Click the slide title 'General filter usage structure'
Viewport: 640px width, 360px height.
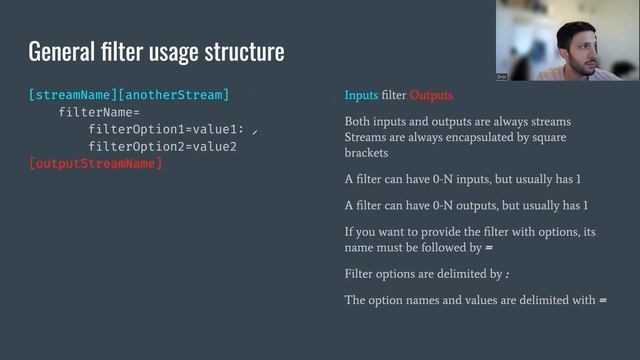pyautogui.click(x=156, y=51)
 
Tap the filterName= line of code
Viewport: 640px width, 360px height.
pyautogui.click(x=99, y=112)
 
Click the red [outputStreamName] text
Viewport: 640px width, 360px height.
pyautogui.click(x=96, y=163)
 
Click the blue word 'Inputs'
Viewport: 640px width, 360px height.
pyautogui.click(x=361, y=96)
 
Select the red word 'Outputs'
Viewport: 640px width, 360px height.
pyautogui.click(x=431, y=96)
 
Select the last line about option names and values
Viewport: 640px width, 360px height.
pyautogui.click(x=476, y=299)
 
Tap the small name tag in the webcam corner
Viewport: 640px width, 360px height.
pyautogui.click(x=502, y=76)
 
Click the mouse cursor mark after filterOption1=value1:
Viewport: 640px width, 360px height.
pyautogui.click(x=256, y=131)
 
